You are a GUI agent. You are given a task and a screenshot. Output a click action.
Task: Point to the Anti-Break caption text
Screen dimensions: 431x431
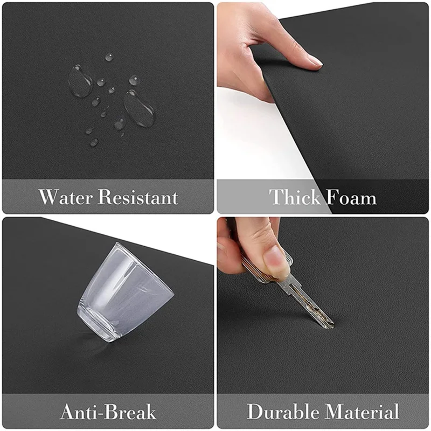coord(108,412)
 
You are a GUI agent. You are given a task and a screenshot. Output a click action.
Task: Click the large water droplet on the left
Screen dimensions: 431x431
coord(80,81)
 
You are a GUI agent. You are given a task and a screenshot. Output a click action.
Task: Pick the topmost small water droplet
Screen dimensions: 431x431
coord(109,57)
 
